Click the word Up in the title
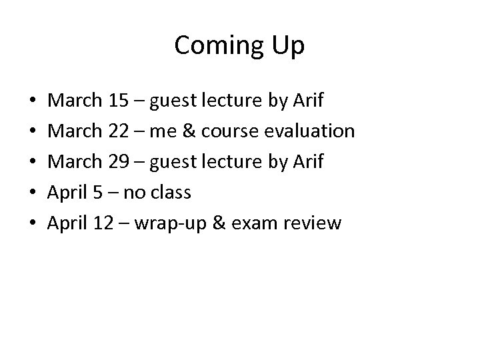point(289,46)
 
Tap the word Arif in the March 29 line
point(307,162)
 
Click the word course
point(233,131)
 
